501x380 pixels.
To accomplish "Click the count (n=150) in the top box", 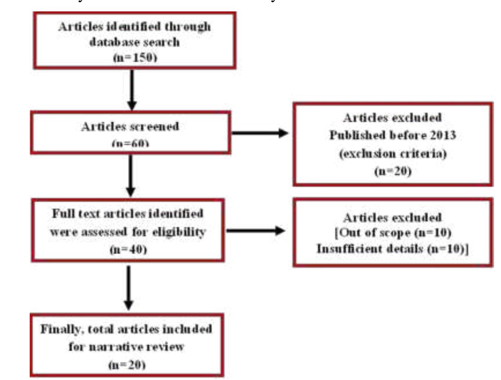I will pos(135,57).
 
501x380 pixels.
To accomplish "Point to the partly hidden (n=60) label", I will pos(130,143).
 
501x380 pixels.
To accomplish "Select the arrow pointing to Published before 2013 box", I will pos(260,133).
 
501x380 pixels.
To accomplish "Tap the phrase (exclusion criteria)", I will pos(393,153).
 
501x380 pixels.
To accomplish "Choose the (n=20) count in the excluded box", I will pos(393,171).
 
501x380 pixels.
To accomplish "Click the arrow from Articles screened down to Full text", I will pos(131,175).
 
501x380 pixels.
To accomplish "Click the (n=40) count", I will pos(128,249).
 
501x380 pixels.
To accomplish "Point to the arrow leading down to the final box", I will pos(128,287).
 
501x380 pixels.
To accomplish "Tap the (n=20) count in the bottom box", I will pos(127,365).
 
